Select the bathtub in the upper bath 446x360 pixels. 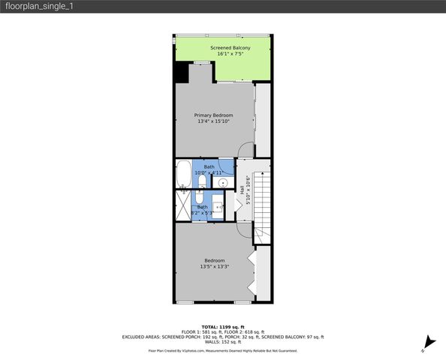184,173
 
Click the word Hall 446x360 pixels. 242,190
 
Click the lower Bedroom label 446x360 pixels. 214,260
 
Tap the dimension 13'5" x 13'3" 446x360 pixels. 214,266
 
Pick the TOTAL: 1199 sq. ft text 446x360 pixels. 223,328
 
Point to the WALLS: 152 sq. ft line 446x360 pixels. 223,342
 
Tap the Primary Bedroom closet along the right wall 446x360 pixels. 262,120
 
